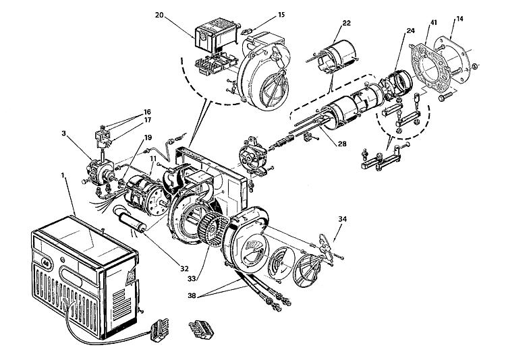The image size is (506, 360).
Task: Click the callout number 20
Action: click(159, 15)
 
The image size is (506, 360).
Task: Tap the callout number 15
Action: click(281, 15)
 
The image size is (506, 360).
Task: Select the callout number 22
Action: click(346, 23)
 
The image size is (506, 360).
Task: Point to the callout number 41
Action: click(433, 22)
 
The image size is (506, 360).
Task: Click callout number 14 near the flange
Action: click(459, 19)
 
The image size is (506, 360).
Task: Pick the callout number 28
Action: click(342, 144)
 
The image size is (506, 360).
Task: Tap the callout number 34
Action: click(342, 219)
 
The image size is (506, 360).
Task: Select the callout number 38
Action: click(192, 295)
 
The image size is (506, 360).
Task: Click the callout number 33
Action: click(192, 278)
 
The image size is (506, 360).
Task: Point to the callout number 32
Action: click(184, 268)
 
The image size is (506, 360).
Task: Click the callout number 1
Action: click(63, 175)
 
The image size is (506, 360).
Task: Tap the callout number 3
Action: click(64, 133)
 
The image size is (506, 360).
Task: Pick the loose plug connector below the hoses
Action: click(201, 330)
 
